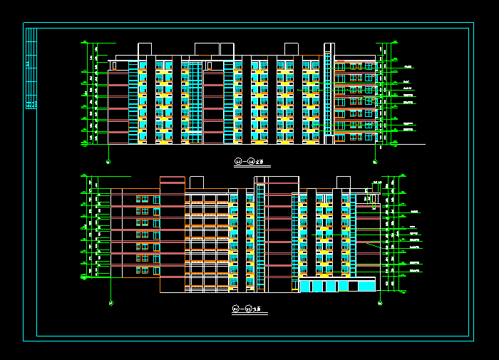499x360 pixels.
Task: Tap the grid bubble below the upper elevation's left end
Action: [x=108, y=162]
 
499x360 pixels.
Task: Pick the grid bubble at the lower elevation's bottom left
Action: [x=111, y=304]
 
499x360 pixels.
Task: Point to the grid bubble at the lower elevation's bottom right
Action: [x=380, y=304]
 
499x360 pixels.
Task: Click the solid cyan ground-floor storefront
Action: [x=336, y=286]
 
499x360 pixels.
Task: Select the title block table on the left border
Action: [x=31, y=68]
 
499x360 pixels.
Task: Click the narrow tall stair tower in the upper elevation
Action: [x=329, y=93]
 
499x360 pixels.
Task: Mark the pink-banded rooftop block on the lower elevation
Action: [x=173, y=184]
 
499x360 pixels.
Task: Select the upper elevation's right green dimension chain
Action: [x=386, y=93]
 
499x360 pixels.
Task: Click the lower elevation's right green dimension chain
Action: [x=389, y=232]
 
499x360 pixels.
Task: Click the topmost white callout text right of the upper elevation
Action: [x=408, y=66]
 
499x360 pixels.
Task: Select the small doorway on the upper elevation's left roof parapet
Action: [x=114, y=66]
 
